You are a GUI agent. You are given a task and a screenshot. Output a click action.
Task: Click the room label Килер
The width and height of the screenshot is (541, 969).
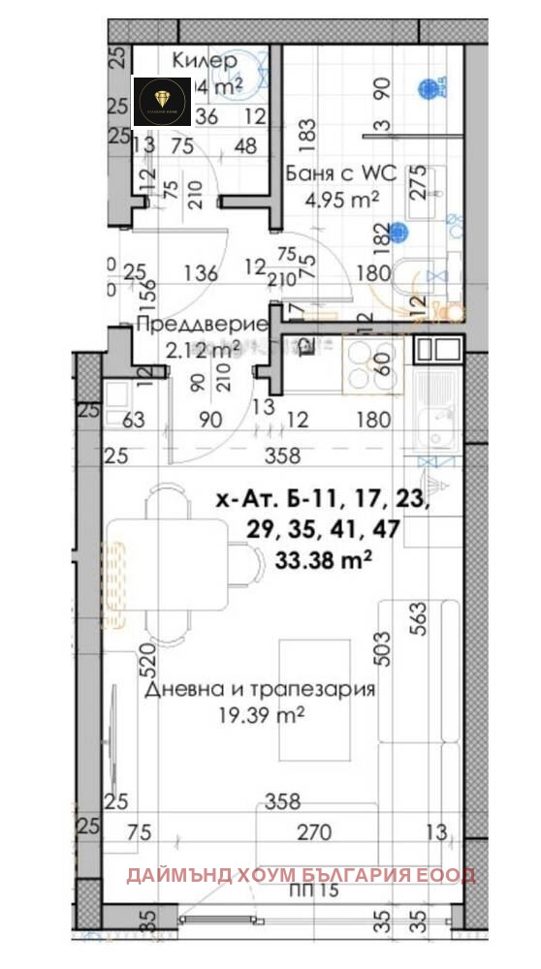pos(204,60)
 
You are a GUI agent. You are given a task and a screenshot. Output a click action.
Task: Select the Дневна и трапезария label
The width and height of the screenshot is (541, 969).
pos(260,690)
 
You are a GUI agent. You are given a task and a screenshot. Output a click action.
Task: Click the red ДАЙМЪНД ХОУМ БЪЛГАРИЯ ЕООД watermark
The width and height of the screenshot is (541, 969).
pos(301,875)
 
